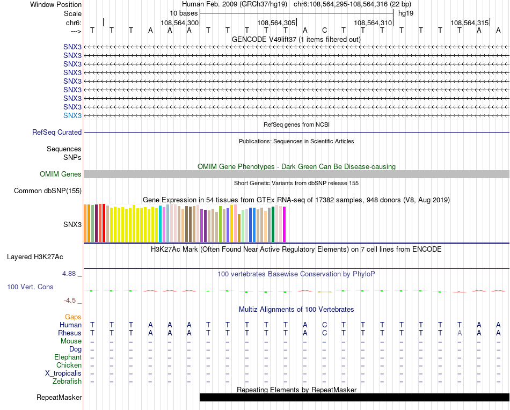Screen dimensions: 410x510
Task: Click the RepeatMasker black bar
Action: pos(354,398)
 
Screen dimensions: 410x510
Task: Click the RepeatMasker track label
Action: pos(59,398)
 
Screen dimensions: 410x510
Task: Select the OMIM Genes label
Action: pos(61,174)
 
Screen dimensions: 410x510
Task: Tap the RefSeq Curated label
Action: pos(57,132)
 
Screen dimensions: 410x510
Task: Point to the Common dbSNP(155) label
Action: pos(48,191)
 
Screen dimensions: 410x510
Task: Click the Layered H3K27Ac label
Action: pos(44,257)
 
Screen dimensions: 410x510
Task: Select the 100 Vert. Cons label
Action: pos(30,287)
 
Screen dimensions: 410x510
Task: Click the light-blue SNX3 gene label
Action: pos(72,115)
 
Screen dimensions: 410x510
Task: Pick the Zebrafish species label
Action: pos(67,382)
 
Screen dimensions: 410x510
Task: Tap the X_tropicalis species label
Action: pos(63,374)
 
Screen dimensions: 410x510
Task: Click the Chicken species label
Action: pos(69,365)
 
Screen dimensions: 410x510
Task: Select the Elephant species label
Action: pos(68,357)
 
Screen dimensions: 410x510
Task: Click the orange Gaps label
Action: pos(73,317)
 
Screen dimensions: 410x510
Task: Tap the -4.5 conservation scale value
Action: pos(70,301)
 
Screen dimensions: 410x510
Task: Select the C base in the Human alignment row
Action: pos(324,325)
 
